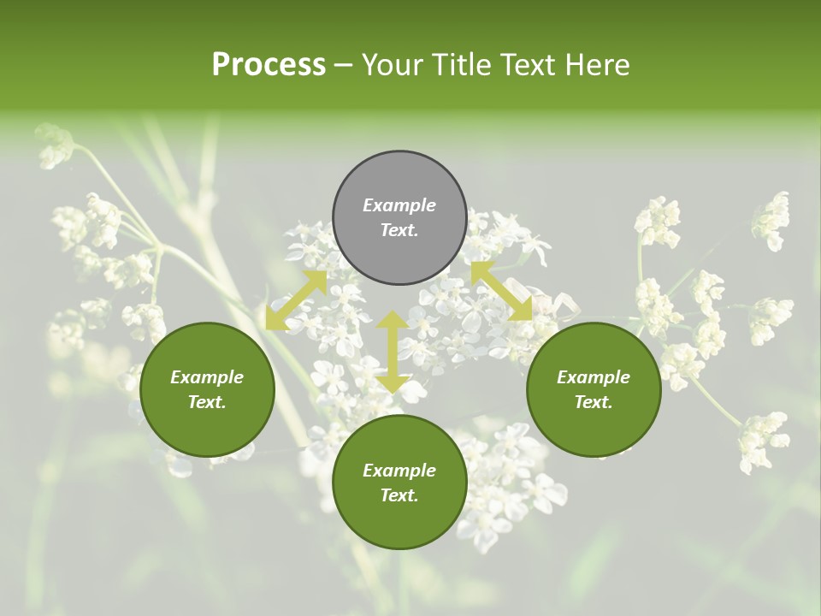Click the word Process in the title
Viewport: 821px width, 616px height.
click(269, 65)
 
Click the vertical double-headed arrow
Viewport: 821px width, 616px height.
click(393, 352)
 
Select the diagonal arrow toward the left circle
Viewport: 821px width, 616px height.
click(296, 299)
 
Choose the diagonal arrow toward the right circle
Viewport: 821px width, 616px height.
click(502, 292)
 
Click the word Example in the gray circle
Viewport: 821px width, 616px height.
click(399, 205)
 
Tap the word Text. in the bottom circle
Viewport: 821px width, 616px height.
click(399, 495)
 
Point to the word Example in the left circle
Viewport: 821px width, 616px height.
click(207, 377)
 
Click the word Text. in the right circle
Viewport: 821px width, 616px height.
click(594, 402)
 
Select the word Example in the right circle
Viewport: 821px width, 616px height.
click(594, 377)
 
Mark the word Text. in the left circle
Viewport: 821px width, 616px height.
click(207, 402)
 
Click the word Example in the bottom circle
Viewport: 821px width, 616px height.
click(399, 471)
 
